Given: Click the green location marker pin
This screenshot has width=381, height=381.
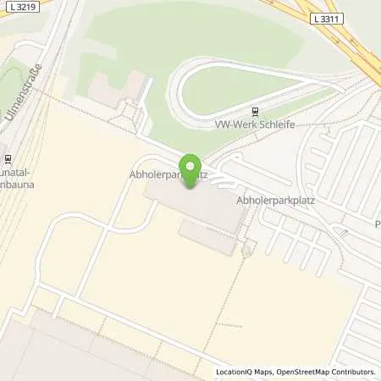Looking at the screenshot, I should pyautogui.click(x=191, y=168).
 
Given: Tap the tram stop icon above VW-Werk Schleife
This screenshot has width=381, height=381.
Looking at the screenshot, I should pyautogui.click(x=256, y=110).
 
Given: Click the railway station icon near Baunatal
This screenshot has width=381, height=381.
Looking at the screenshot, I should pyautogui.click(x=3, y=157).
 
